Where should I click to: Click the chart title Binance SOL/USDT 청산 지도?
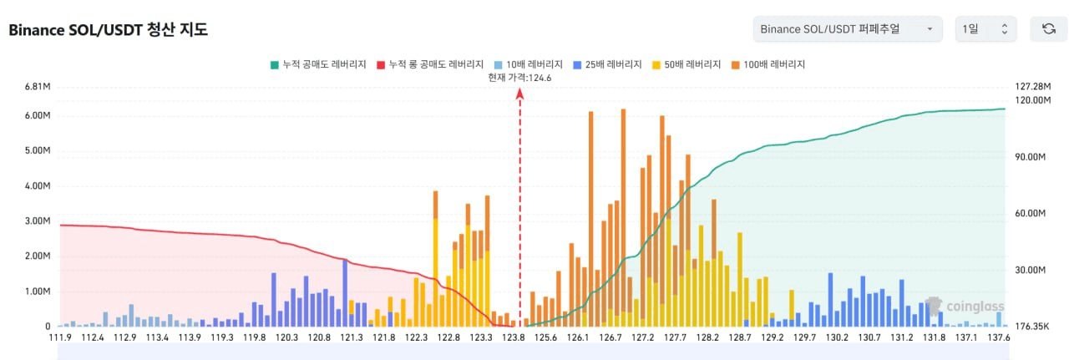point(108,30)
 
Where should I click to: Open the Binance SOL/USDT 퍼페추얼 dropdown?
point(847,29)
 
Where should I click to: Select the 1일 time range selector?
point(985,29)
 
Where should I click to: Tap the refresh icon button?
point(1048,29)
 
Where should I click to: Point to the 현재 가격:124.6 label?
point(519,78)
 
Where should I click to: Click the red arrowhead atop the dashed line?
point(519,94)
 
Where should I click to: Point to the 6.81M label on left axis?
point(38,87)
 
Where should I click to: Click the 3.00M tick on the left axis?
point(38,221)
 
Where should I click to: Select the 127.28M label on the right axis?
point(1032,87)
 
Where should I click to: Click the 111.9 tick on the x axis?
point(61,337)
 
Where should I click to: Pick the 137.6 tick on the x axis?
point(998,337)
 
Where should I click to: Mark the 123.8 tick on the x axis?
point(514,337)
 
